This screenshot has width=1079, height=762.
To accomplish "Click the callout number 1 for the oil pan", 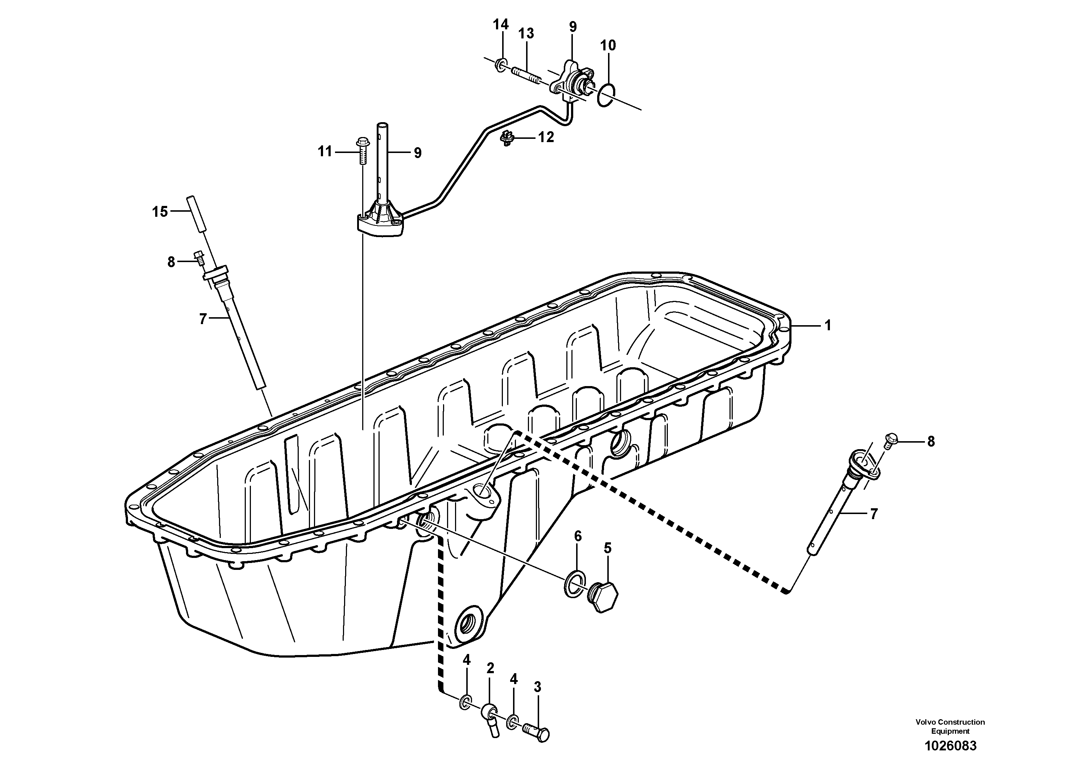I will point(828,325).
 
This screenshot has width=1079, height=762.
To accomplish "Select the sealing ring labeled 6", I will point(574,584).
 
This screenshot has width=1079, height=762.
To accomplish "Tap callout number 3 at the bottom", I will point(538,687).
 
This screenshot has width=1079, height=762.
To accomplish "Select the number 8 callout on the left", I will point(171,262).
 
